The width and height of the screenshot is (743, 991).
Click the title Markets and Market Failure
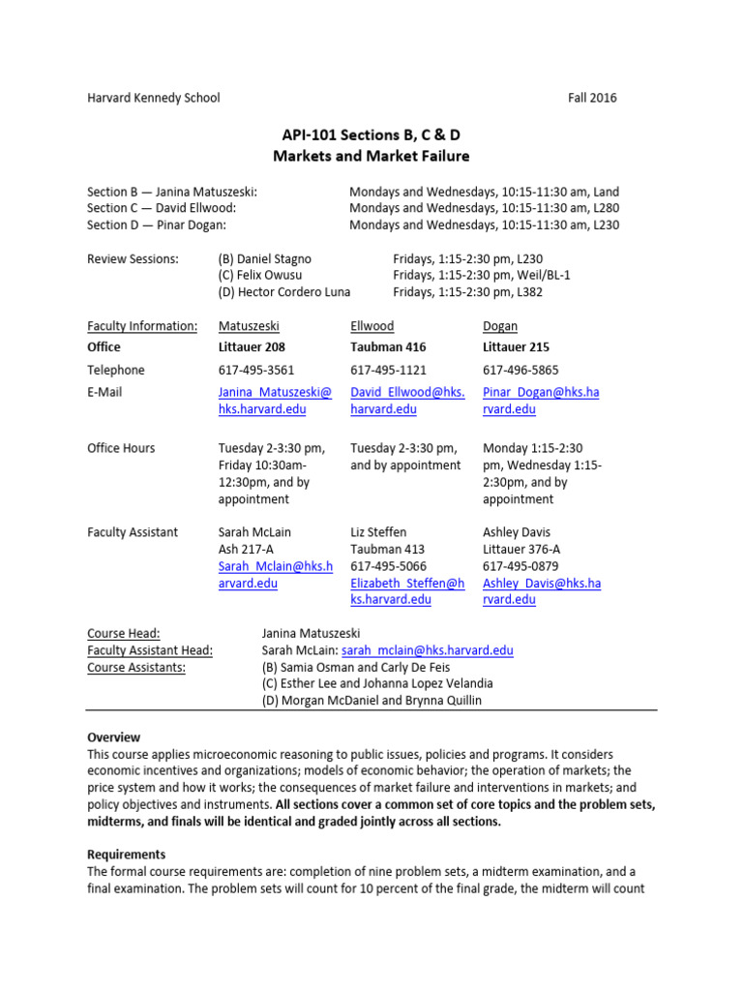click(371, 156)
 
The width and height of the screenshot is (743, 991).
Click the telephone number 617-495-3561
click(256, 370)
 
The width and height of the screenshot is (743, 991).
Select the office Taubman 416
click(388, 346)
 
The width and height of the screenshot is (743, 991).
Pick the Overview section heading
click(113, 737)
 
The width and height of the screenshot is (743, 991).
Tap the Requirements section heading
click(126, 855)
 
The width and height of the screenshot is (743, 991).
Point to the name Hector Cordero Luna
click(284, 292)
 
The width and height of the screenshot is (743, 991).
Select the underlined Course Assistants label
click(137, 667)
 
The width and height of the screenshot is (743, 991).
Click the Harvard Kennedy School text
click(153, 98)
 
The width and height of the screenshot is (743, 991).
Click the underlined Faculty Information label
click(142, 326)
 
